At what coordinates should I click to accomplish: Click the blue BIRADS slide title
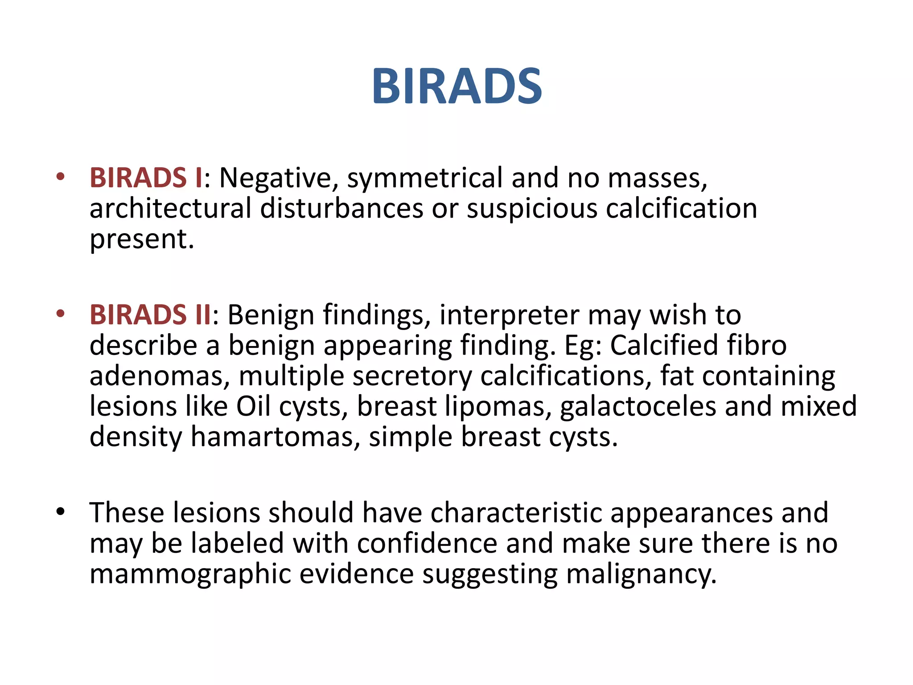pos(457,87)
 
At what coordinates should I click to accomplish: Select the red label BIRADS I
pos(146,177)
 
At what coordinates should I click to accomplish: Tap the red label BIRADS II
pos(151,314)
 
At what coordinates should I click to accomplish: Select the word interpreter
pos(509,315)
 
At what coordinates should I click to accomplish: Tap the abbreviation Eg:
pos(583,346)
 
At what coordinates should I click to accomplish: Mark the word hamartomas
pos(275,437)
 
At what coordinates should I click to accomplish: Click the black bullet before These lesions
pos(61,512)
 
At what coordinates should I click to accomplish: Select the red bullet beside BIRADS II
pos(61,314)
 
